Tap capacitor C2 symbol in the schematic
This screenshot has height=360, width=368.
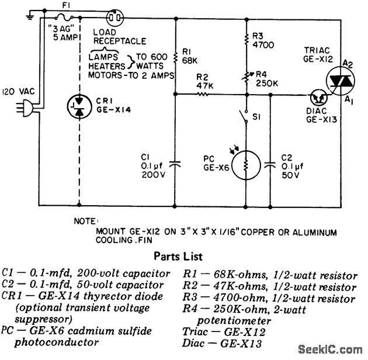(x=269, y=164)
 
